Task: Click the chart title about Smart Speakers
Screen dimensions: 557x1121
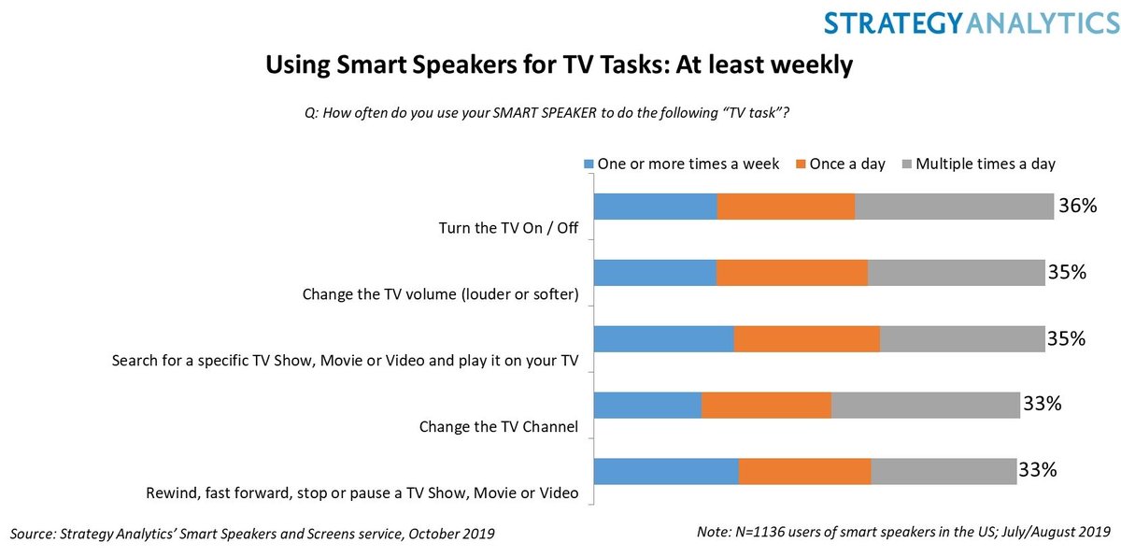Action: click(560, 65)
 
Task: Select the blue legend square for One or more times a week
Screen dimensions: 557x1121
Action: click(588, 164)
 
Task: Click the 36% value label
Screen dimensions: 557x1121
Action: click(1077, 206)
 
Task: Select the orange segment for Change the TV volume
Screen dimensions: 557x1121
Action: click(792, 273)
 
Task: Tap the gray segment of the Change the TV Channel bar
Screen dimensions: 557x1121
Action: click(925, 406)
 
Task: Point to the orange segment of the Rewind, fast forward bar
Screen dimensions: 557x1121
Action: click(804, 472)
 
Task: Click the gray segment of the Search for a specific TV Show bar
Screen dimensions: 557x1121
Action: click(962, 339)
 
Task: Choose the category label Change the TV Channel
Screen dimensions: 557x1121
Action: click(499, 427)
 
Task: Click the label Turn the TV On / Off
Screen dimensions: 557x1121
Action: click(509, 228)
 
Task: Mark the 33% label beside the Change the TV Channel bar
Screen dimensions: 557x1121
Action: click(1042, 405)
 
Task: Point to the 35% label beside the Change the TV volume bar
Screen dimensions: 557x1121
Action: click(1067, 272)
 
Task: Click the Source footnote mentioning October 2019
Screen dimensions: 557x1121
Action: click(252, 534)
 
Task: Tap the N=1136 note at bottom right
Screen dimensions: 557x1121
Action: click(901, 532)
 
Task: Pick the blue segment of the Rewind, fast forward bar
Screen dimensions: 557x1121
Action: click(666, 472)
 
